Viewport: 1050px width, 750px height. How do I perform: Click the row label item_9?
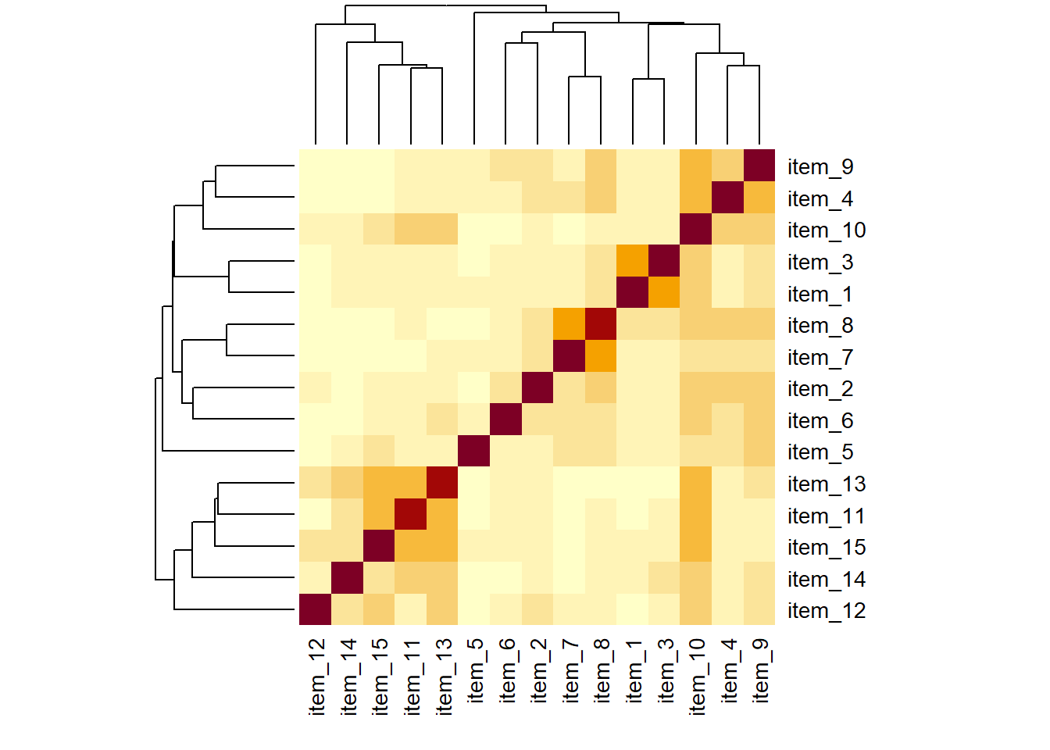click(x=820, y=167)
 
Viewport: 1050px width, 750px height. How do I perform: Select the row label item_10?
click(x=826, y=230)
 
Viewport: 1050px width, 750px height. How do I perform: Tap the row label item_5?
click(x=820, y=452)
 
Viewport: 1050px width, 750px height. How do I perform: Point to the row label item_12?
click(x=826, y=611)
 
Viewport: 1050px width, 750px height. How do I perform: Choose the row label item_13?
click(x=826, y=484)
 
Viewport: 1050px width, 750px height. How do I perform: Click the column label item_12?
click(x=316, y=677)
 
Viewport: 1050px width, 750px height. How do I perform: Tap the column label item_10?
click(x=696, y=677)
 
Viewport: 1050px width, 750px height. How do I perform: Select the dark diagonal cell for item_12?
click(x=315, y=609)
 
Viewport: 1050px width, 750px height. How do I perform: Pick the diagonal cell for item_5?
click(x=473, y=451)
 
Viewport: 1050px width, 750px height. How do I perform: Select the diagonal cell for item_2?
click(x=537, y=387)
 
